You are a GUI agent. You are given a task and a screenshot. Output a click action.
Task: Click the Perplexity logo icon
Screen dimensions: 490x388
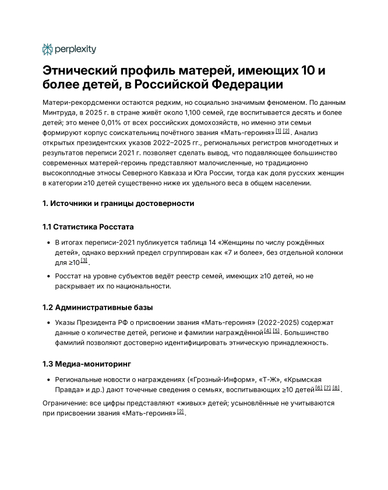[48, 49]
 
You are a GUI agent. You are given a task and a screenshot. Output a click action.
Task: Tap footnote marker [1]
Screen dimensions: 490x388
[278, 132]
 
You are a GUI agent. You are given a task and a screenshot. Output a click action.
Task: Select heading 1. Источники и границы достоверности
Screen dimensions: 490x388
[118, 203]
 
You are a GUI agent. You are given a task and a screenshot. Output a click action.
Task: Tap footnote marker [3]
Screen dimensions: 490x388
[84, 261]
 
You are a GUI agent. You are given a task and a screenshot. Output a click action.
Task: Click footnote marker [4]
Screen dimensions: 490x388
[267, 331]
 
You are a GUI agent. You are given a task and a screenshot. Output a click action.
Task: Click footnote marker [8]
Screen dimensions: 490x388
[336, 388]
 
